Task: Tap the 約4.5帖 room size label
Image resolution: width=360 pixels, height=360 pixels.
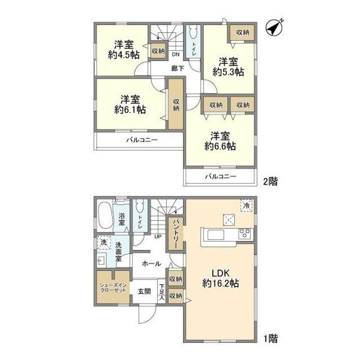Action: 124,55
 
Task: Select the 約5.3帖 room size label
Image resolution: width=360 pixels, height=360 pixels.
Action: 228,72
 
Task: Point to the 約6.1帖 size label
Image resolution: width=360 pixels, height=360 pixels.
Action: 130,109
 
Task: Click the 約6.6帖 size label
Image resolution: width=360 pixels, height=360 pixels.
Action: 220,146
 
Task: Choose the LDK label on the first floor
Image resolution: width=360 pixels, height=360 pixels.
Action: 220,273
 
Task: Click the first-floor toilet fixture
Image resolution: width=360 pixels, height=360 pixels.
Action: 140,207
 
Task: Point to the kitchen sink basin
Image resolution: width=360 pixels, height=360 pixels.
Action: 215,235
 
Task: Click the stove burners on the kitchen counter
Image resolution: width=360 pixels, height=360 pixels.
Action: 245,233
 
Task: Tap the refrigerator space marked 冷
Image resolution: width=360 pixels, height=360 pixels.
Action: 246,205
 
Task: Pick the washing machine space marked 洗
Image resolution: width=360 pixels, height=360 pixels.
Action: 104,242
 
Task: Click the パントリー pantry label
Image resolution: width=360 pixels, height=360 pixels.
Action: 176,234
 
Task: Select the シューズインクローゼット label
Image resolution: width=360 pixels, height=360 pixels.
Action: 113,287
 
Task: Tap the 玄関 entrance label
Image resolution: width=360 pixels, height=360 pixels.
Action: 144,291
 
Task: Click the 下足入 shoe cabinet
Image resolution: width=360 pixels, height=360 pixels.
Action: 161,291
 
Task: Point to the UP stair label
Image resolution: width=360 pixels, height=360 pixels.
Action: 158,236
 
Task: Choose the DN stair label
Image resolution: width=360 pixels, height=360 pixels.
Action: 175,54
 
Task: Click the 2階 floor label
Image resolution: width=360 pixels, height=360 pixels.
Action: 270,181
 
